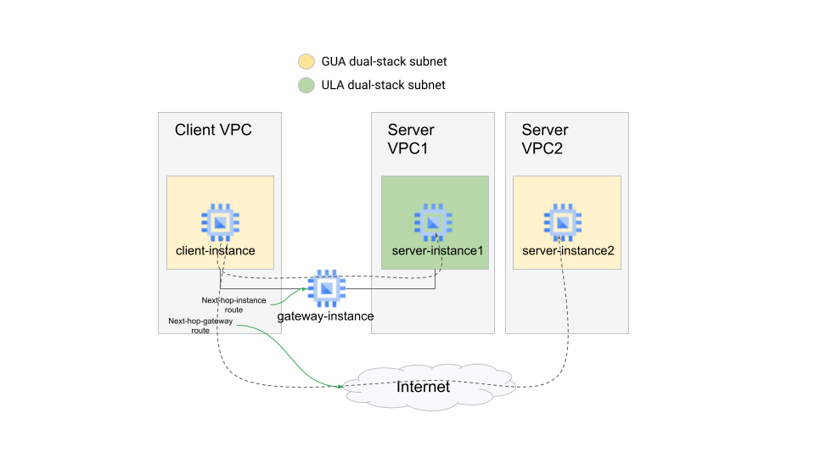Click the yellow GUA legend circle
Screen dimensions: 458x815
pos(306,62)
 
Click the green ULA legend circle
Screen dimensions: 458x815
pos(306,85)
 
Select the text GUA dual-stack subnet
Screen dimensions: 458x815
pos(384,62)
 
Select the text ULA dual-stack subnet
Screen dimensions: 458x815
pos(383,85)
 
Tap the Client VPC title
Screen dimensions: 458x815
pos(213,130)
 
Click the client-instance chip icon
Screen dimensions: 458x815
pos(220,222)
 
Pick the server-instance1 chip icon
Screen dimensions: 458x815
pos(433,222)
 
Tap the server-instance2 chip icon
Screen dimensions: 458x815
pos(562,222)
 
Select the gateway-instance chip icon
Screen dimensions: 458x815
pos(326,289)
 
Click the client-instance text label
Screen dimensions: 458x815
pos(216,251)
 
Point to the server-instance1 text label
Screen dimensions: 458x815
pos(437,251)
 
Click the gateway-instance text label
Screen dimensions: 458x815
pos(325,316)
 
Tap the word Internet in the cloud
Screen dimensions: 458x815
pos(423,387)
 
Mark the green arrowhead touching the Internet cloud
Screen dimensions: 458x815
pos(340,387)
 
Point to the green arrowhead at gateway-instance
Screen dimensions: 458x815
pos(304,289)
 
